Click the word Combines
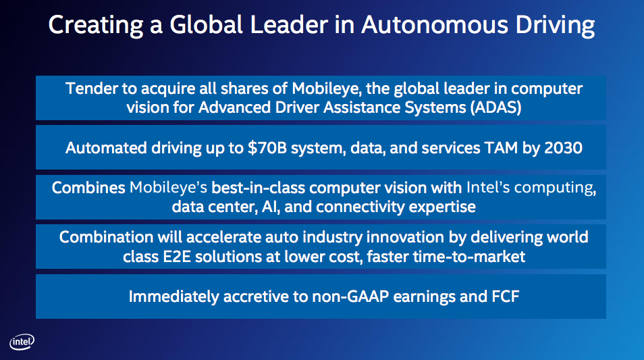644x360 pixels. [88, 187]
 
